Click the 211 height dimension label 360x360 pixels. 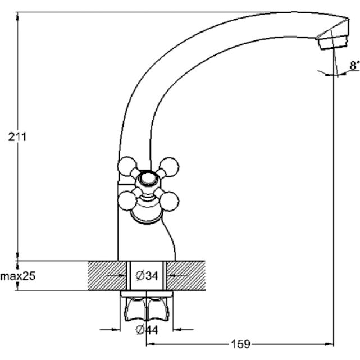coord(17,137)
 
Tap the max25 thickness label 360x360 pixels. coord(18,276)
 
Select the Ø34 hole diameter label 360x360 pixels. coord(147,276)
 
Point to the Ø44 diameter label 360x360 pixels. coord(147,330)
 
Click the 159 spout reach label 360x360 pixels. coord(240,344)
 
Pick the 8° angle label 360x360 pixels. coord(354,65)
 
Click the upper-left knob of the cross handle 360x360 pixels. coord(127,166)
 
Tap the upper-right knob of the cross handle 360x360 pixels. coord(169,167)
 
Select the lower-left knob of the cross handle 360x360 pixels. coord(127,201)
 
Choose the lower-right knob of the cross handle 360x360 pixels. coord(169,201)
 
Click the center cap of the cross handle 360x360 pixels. coord(148,179)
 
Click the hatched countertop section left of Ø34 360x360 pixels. coord(107,276)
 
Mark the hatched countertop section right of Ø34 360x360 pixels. coord(186,276)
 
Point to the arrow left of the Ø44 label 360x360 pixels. coord(110,330)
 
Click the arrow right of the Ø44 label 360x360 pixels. coord(183,330)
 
